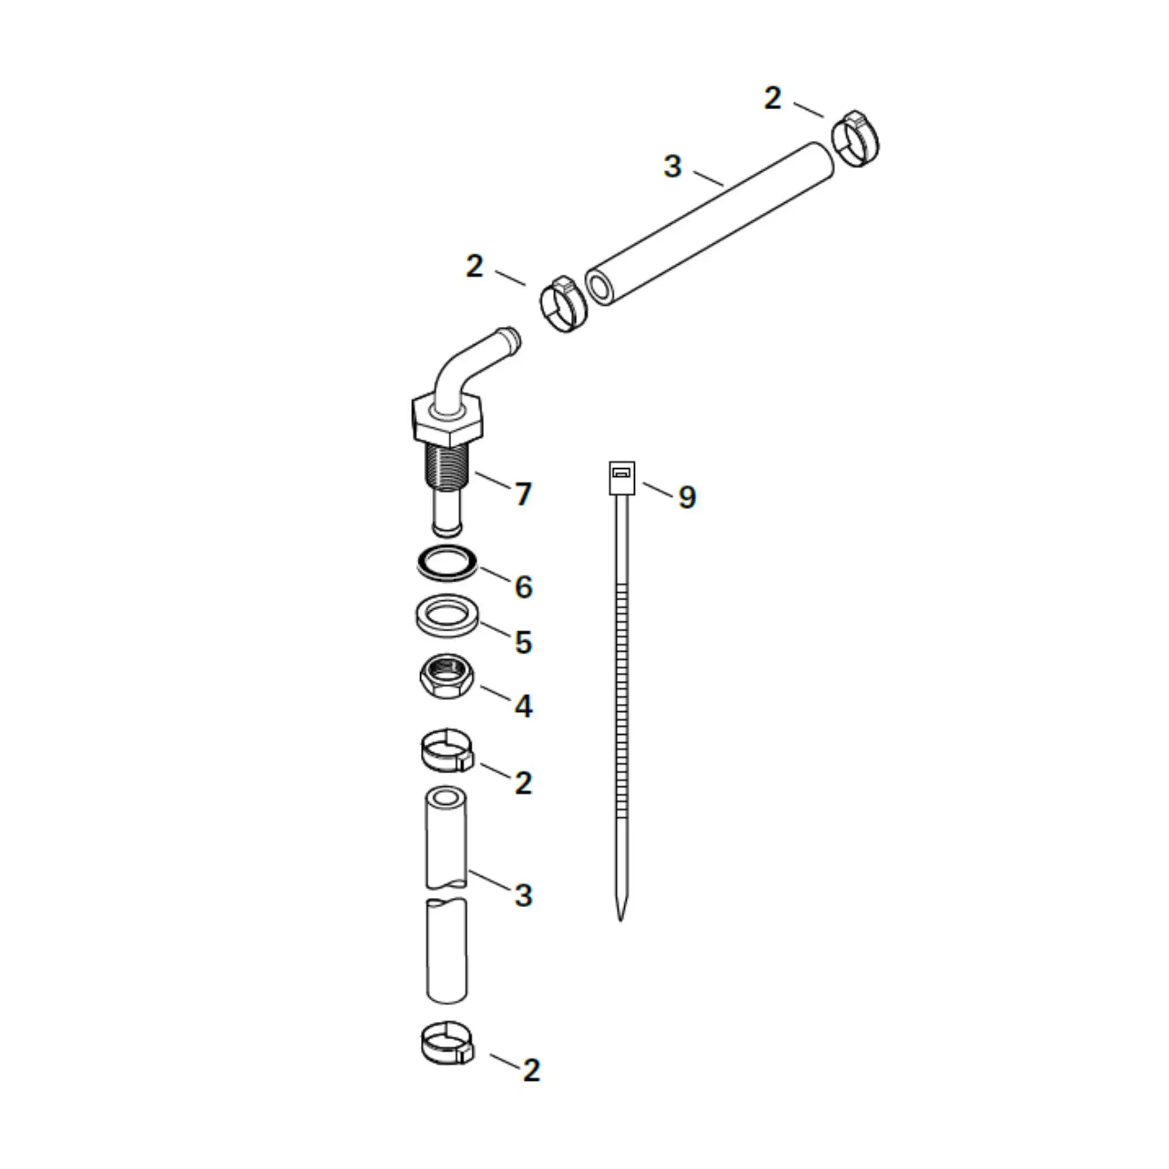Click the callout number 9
(687, 497)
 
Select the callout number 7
(523, 494)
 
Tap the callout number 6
(523, 587)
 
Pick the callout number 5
(523, 642)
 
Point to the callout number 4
(523, 706)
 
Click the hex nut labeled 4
(447, 676)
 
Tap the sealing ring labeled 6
(447, 563)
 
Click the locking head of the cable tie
(621, 479)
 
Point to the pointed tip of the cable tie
(620, 921)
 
